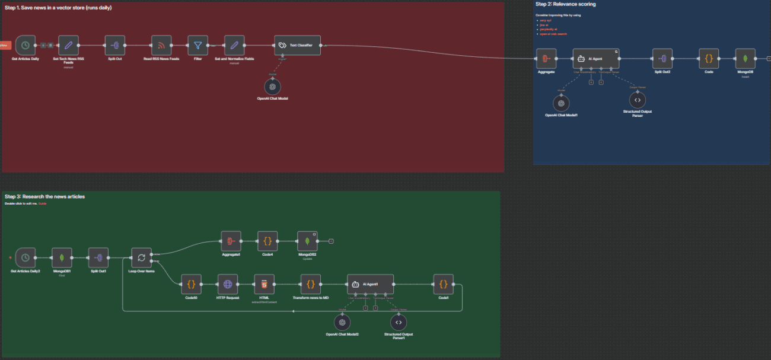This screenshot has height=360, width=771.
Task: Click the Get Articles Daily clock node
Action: [x=26, y=45]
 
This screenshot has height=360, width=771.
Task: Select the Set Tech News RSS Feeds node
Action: [x=69, y=45]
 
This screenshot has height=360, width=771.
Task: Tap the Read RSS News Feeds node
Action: [x=161, y=45]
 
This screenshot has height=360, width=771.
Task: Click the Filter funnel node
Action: [x=197, y=45]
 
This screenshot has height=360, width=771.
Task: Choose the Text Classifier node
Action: [x=297, y=45]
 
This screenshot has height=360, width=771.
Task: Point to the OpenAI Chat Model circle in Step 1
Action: [x=273, y=86]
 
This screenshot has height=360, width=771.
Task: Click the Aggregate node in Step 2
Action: [x=546, y=59]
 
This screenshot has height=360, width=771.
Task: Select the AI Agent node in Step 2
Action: [x=595, y=59]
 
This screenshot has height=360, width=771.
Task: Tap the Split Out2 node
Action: [x=662, y=59]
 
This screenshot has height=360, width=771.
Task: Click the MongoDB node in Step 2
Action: [x=745, y=59]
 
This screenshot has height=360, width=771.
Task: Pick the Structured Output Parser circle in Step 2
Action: [x=637, y=100]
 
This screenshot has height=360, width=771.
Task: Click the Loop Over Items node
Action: [x=141, y=257]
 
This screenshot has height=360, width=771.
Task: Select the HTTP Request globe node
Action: [x=227, y=284]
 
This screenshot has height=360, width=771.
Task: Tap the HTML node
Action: [x=264, y=284]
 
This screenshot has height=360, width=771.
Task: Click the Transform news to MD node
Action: [x=310, y=284]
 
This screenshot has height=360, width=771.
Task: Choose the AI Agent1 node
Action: [x=370, y=284]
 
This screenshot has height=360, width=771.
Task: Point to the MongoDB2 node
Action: [x=307, y=241]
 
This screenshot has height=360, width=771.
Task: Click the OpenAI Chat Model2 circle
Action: [x=342, y=322]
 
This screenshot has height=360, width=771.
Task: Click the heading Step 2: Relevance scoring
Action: [x=566, y=4]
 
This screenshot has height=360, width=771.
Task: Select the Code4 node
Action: [x=267, y=241]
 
